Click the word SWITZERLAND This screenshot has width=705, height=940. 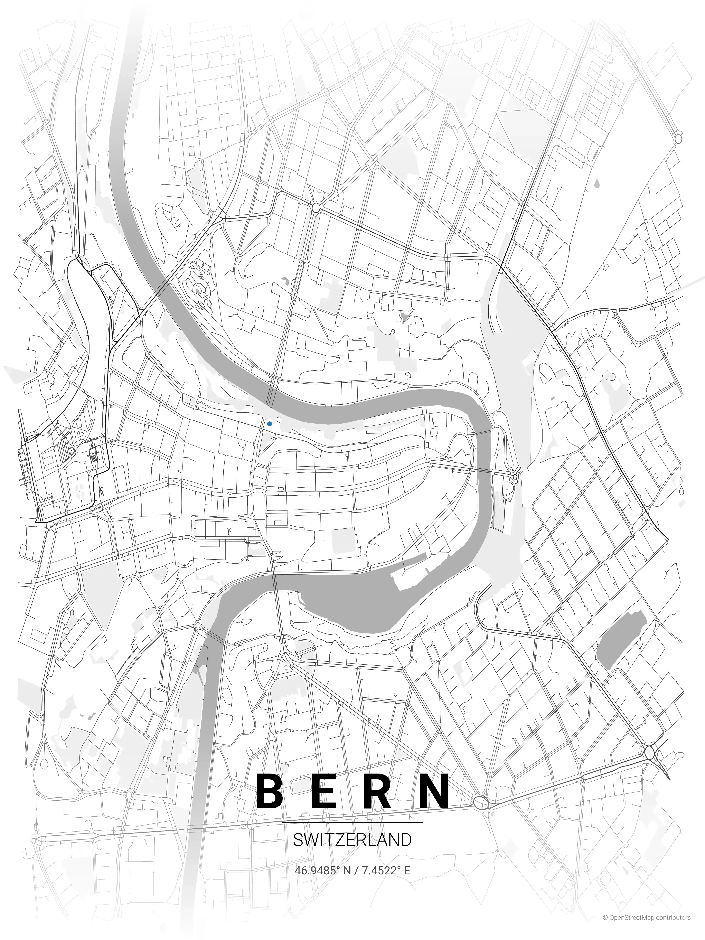pyautogui.click(x=352, y=840)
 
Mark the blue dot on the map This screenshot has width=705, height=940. pyautogui.click(x=269, y=424)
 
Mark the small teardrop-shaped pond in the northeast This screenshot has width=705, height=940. pyautogui.click(x=598, y=184)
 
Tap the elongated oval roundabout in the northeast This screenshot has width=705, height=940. pyautogui.click(x=678, y=138)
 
